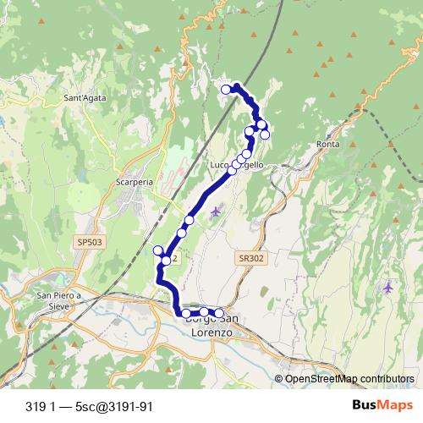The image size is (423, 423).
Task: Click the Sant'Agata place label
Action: [84, 98]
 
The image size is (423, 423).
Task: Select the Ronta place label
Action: [327, 144]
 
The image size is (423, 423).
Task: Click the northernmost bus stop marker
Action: [226, 89]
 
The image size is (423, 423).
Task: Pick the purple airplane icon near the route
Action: [216, 211]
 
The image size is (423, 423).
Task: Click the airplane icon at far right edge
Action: [388, 288]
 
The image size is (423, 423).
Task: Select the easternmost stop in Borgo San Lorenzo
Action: [219, 313]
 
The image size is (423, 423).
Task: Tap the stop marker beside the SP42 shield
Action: [158, 250]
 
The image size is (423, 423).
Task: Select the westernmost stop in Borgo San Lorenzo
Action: [185, 314]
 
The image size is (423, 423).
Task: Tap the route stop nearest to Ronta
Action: [265, 135]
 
